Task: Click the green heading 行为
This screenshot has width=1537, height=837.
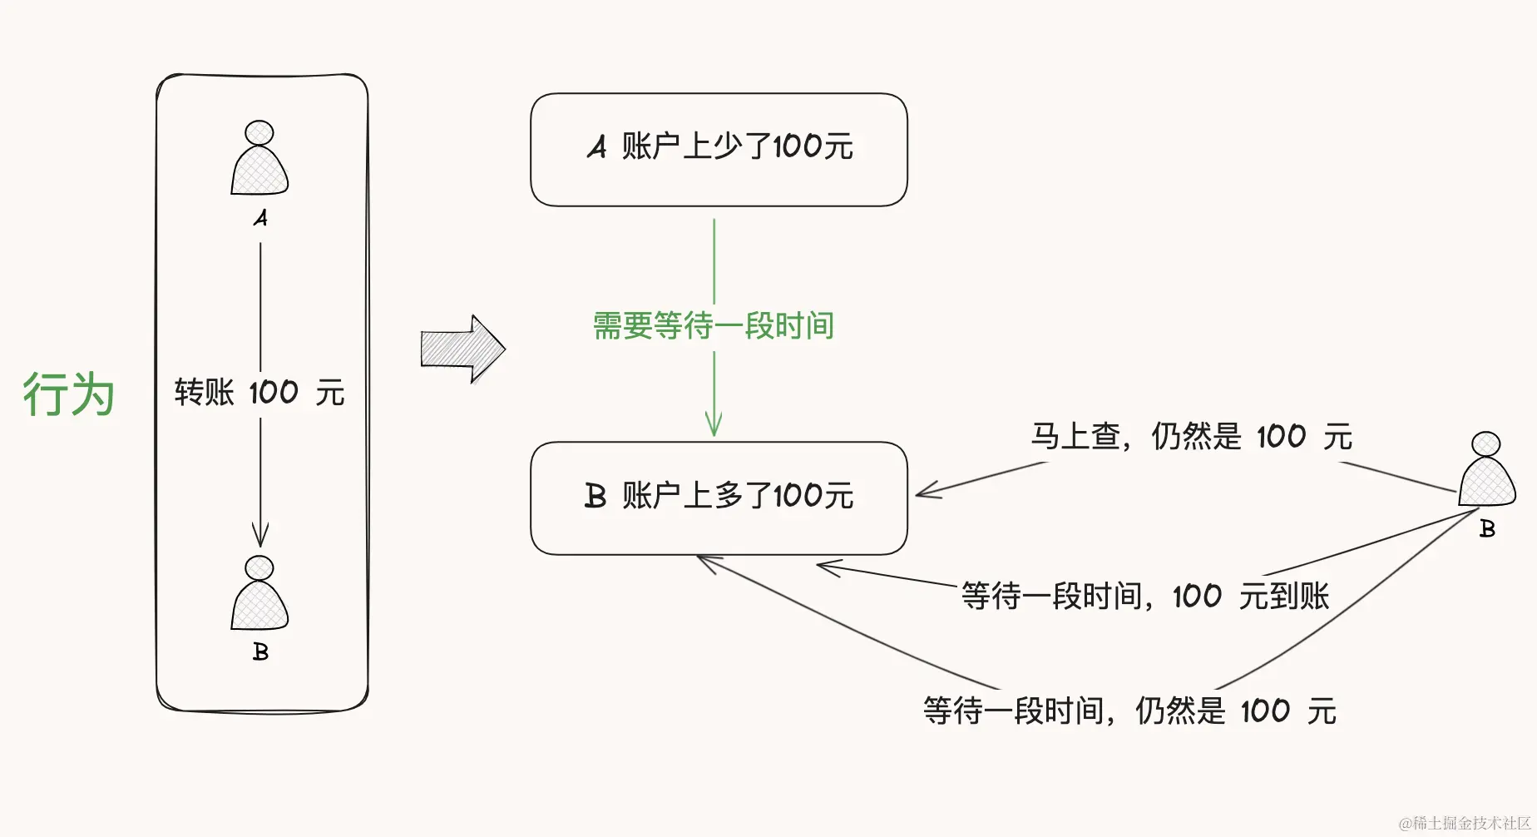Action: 68,394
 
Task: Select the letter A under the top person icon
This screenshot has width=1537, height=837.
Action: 260,218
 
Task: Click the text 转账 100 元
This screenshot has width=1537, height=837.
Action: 259,392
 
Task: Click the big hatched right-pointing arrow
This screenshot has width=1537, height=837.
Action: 462,349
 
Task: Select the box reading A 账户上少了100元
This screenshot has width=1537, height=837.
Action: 719,150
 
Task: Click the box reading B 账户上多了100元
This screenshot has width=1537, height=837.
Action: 719,498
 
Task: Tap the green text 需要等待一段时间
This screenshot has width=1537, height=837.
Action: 713,325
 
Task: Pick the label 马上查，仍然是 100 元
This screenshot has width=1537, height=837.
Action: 1191,436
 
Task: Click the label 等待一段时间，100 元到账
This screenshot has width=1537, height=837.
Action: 1144,596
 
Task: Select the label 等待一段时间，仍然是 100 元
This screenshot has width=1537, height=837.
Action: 1129,711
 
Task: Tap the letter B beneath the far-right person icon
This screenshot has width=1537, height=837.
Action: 1487,529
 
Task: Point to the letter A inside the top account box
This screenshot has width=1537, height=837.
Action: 596,147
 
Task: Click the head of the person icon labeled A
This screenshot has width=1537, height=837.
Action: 259,132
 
